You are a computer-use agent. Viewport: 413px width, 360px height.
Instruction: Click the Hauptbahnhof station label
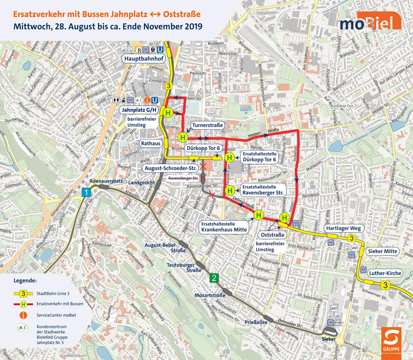point(143,59)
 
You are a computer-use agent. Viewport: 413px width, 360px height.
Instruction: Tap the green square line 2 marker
point(214,278)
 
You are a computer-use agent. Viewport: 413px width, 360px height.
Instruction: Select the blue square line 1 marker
point(86,193)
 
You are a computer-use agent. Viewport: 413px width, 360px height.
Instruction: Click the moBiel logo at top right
point(370,21)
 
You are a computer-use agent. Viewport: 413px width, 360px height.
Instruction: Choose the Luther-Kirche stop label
point(385,273)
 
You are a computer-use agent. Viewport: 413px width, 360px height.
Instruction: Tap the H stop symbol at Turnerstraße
point(183,137)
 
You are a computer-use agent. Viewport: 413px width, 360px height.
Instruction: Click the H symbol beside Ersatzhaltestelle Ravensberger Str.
point(230,190)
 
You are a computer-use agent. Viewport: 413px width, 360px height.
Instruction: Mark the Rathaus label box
point(150,143)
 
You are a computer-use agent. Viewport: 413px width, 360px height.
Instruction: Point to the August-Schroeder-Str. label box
point(170,168)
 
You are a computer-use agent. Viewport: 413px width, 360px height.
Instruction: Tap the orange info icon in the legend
point(23,315)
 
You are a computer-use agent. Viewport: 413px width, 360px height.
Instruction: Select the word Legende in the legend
point(25,280)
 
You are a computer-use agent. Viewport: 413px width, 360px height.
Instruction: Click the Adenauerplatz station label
point(107,181)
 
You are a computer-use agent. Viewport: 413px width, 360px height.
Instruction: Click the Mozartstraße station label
point(210,295)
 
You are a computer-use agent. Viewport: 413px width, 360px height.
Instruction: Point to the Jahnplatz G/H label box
point(138,110)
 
